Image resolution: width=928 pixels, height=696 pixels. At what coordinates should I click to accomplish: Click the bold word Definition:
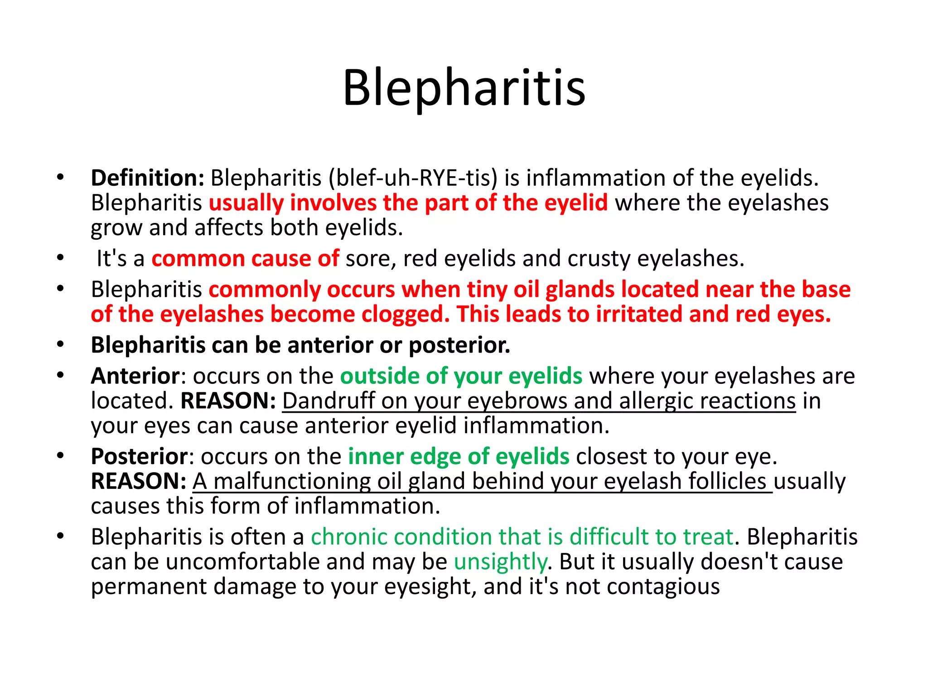click(148, 178)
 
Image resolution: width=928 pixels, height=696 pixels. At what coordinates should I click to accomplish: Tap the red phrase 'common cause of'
click(245, 258)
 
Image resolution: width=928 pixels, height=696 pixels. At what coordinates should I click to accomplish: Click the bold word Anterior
click(135, 376)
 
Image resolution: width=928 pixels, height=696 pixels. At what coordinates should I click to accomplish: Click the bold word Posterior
click(139, 456)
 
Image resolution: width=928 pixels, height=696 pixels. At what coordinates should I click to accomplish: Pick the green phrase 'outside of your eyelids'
click(461, 376)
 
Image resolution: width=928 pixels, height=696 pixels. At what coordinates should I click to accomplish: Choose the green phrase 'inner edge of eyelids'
click(458, 456)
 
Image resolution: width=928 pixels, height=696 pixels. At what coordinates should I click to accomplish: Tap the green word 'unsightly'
click(500, 561)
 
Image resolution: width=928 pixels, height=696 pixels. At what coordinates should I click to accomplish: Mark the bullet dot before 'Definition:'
click(61, 178)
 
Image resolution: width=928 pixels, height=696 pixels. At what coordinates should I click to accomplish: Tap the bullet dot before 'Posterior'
click(61, 456)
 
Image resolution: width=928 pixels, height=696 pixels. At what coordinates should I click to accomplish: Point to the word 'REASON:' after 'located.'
click(228, 401)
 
